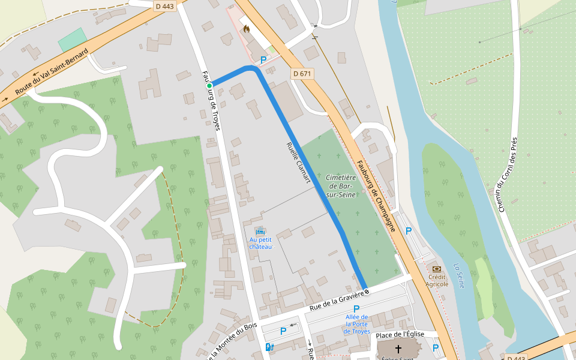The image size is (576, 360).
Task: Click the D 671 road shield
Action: [303, 73]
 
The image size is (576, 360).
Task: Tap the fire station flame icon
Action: [247, 28]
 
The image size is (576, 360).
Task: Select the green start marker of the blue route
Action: [209, 86]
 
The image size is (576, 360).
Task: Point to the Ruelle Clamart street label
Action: [298, 162]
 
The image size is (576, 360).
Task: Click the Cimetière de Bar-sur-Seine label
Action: [341, 186]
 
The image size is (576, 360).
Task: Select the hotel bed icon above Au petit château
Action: [260, 232]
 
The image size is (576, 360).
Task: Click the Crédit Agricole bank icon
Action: [437, 269]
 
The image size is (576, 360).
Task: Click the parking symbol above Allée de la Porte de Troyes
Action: [356, 308]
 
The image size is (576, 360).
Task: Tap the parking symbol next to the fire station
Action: [263, 60]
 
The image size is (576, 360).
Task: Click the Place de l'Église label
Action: [400, 334]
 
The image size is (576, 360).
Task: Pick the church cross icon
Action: [398, 349]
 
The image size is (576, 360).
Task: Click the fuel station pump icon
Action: [268, 347]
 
